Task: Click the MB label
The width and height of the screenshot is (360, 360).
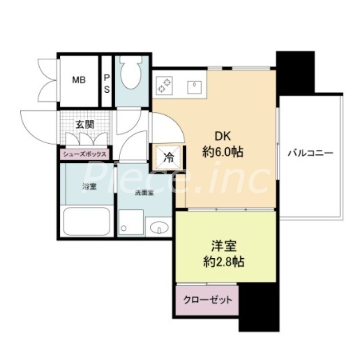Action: (79, 80)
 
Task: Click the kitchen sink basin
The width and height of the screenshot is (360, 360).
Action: (194, 85)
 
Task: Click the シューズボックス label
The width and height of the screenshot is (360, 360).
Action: (85, 154)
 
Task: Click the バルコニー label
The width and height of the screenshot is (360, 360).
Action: (310, 153)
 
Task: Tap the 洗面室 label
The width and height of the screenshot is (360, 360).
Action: (144, 193)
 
